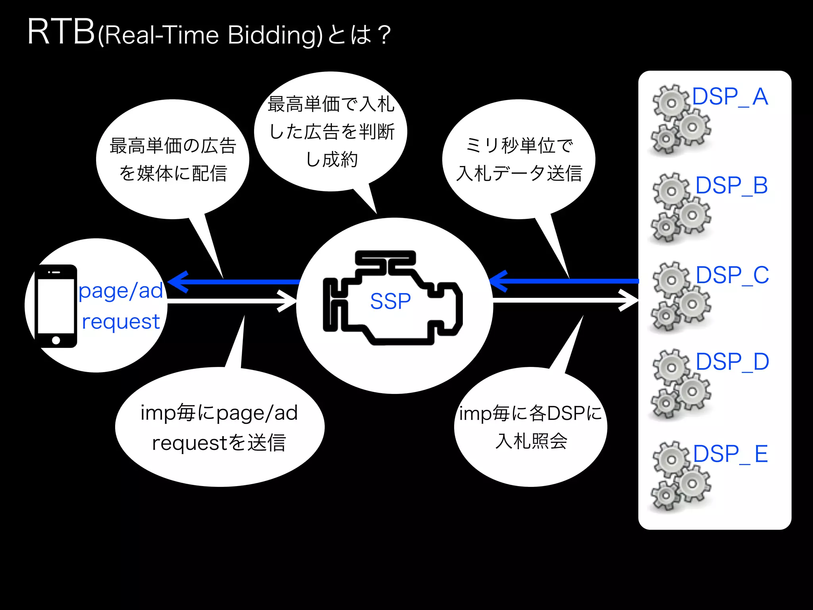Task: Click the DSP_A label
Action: pos(730,97)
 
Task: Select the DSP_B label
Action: pos(731,185)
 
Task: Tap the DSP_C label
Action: pos(732,275)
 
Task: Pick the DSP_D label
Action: pos(732,362)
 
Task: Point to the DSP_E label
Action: pos(730,454)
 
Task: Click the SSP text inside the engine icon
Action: pos(390,301)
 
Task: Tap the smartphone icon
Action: pos(56,306)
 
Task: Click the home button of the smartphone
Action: pos(56,340)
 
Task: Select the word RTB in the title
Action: pos(61,33)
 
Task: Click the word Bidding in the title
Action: pos(275,35)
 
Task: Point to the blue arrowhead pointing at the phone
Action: pos(177,282)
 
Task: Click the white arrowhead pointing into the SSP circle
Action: pos(287,301)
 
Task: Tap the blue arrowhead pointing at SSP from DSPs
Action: pos(499,281)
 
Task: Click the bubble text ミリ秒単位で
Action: pos(519,146)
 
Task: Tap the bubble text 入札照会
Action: pos(531,441)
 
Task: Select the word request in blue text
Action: pos(120,322)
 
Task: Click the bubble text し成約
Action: pos(332,160)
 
